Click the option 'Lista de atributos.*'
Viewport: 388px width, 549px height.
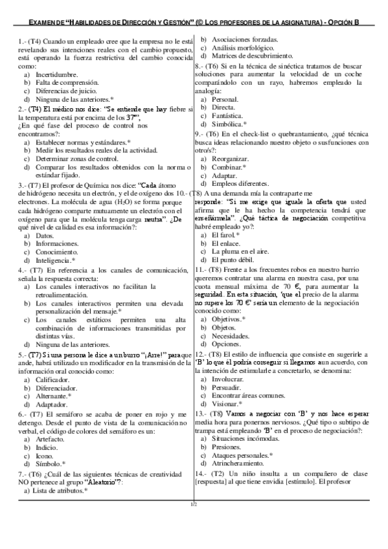click(x=62, y=491)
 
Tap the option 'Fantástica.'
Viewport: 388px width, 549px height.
click(x=231, y=115)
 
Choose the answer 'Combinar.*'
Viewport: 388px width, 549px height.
click(x=229, y=167)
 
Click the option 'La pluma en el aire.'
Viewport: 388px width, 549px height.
click(x=244, y=252)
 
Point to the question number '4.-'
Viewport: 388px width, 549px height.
click(x=23, y=270)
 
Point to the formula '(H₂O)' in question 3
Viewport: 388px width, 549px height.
click(x=106, y=201)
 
